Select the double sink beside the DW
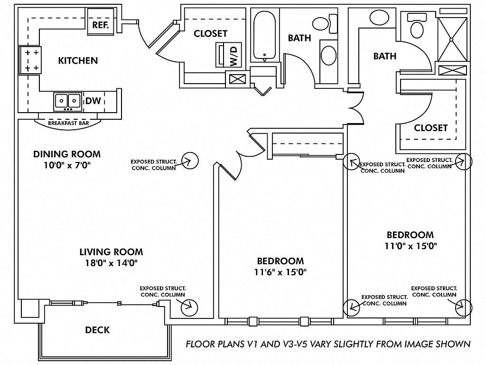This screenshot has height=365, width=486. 67,100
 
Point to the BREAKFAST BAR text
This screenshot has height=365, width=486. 69,123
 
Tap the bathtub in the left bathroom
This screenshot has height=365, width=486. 264,36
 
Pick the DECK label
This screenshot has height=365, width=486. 97,330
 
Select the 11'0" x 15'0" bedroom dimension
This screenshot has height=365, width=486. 411,246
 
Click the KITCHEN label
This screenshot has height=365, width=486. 78,60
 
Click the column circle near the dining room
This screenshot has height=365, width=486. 190,161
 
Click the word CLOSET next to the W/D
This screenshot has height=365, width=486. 210,34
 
